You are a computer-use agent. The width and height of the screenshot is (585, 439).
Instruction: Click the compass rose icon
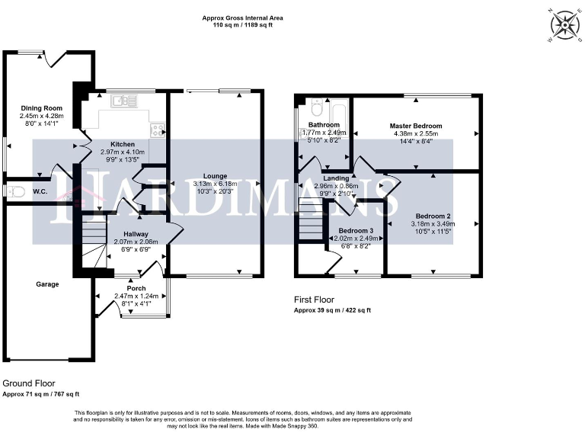coord(565,24)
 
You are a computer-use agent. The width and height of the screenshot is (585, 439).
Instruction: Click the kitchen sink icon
coord(121,101)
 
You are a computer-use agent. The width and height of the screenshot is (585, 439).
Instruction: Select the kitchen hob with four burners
coord(158,130)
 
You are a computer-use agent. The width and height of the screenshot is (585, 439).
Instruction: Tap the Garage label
coord(46,284)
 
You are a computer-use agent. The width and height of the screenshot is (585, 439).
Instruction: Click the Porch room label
coord(136,288)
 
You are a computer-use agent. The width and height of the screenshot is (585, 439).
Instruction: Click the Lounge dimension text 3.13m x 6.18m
coord(215,184)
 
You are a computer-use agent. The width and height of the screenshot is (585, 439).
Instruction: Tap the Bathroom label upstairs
coord(323,124)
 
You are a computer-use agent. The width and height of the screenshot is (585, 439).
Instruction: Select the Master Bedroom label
coord(415,126)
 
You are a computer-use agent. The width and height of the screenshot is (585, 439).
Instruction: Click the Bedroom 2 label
coord(432,216)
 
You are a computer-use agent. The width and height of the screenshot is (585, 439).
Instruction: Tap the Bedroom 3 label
coord(356,230)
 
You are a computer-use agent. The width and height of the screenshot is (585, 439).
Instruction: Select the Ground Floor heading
coord(29,383)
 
